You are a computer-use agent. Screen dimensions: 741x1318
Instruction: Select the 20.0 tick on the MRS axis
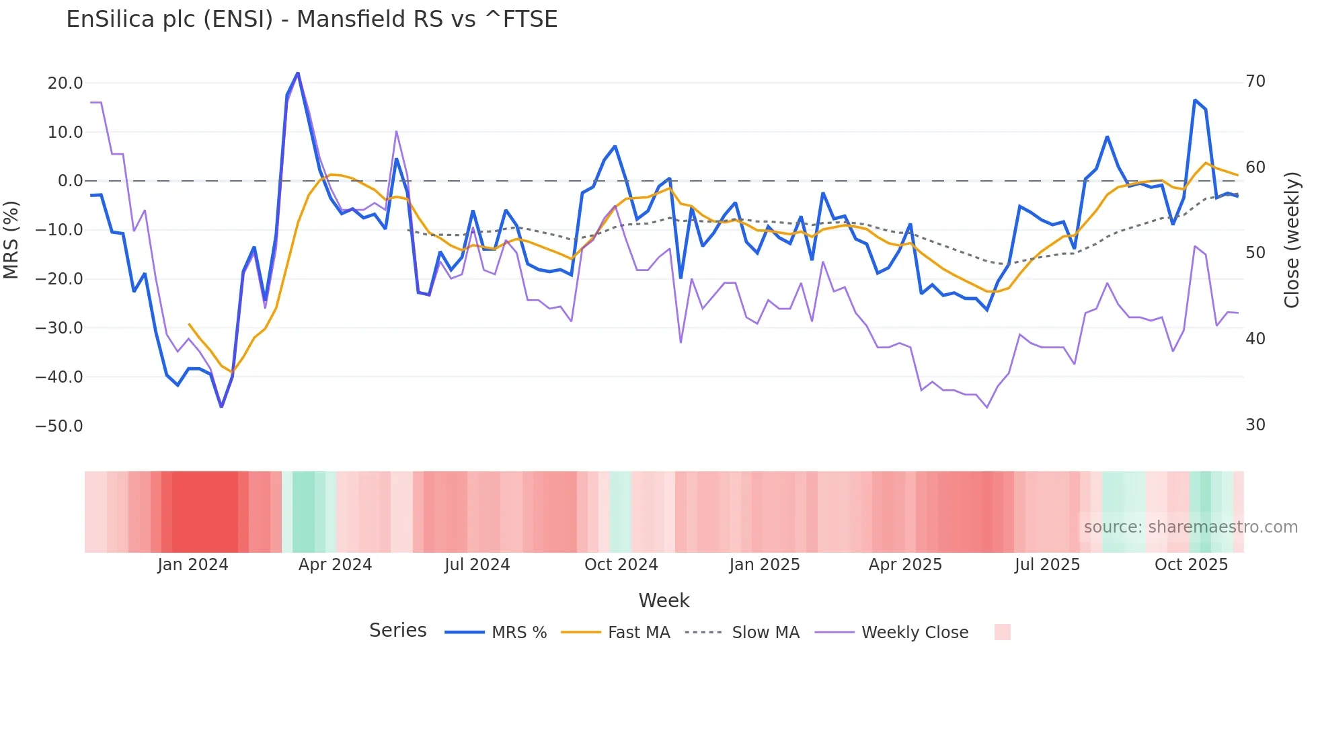point(65,83)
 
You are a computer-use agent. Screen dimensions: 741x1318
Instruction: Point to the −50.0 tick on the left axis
point(59,426)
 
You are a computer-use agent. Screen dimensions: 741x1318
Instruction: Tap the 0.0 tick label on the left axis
point(70,181)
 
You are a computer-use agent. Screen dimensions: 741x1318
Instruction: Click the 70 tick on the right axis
point(1255,81)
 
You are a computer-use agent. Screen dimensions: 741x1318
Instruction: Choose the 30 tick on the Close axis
point(1255,425)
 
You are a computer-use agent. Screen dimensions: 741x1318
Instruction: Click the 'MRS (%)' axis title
point(11,240)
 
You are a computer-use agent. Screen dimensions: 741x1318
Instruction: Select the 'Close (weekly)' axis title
point(1292,240)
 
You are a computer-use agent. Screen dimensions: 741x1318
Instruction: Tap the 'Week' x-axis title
point(664,600)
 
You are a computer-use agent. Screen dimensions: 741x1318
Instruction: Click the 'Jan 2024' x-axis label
point(193,565)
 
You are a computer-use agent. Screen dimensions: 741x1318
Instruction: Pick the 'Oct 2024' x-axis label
point(621,565)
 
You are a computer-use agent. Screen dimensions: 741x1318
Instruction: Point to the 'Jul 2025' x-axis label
point(1047,565)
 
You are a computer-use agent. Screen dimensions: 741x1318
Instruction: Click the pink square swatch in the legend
point(1002,632)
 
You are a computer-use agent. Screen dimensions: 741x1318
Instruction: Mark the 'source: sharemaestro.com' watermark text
point(1190,527)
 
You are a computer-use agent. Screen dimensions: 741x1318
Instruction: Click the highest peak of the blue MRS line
point(298,73)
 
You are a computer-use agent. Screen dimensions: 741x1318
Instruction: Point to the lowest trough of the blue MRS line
point(222,407)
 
